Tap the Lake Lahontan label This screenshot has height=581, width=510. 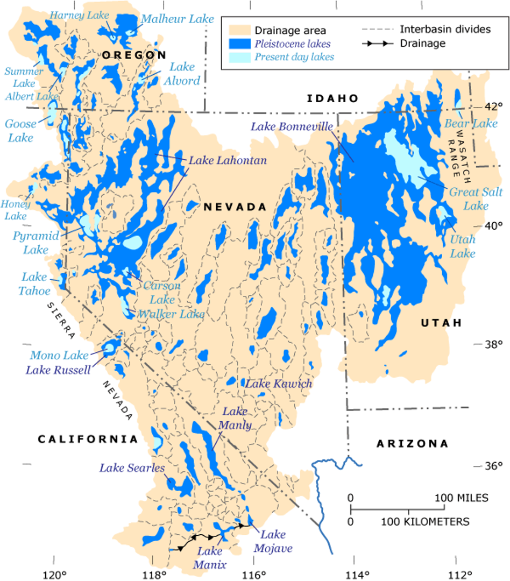click(227, 160)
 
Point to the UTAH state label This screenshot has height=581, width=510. click(441, 323)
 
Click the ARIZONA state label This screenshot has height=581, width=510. click(412, 444)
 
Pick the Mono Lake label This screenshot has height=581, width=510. click(59, 355)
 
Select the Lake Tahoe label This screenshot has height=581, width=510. click(35, 284)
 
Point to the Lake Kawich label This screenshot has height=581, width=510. click(278, 384)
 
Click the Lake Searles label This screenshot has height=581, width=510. click(132, 468)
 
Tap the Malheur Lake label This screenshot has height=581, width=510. click(178, 19)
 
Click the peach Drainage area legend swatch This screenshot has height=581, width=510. click(240, 31)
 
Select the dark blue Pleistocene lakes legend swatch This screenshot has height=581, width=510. click(240, 44)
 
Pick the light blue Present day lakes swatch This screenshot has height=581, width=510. click(240, 56)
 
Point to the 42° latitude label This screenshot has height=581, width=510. click(492, 106)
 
